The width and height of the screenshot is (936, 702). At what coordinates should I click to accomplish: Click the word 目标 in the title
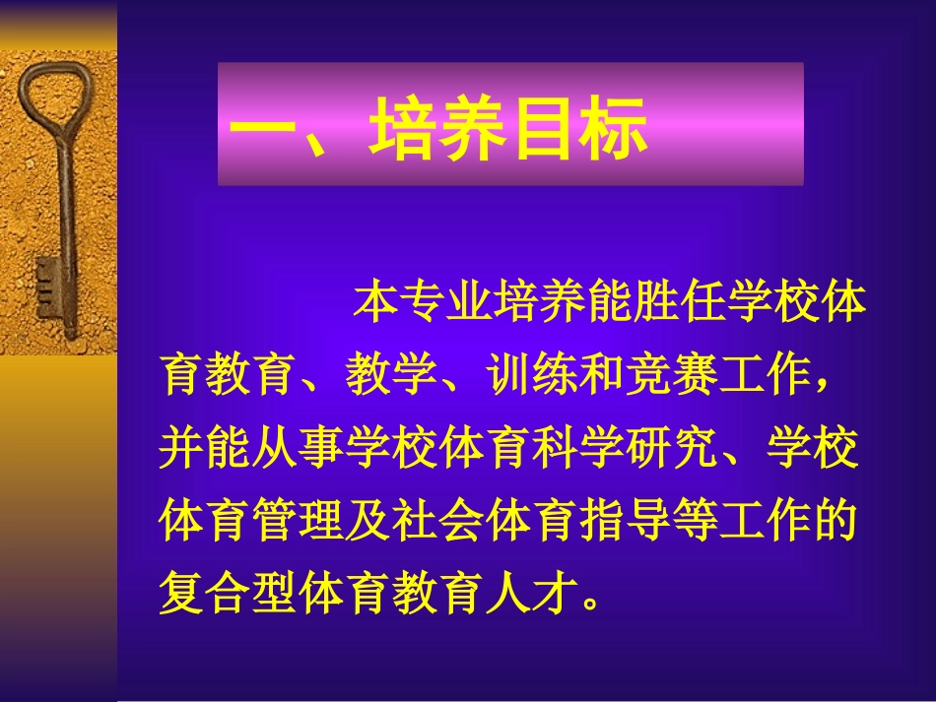tap(581, 128)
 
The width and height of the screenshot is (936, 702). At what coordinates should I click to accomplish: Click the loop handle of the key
tap(48, 95)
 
